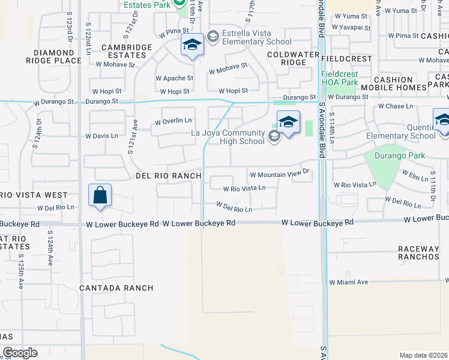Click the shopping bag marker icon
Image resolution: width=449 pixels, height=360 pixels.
pos(100,196)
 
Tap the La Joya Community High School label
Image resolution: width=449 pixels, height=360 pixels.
pos(228,137)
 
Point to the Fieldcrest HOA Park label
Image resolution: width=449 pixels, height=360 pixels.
pos(348,78)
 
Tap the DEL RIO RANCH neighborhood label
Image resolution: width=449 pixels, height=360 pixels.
pos(167,176)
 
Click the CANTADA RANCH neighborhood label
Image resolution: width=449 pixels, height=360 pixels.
pos(116,288)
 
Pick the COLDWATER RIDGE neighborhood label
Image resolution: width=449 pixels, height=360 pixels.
pos(286,58)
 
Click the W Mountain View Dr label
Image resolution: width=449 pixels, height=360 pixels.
pos(281,175)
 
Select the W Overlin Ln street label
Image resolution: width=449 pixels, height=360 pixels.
pos(173,122)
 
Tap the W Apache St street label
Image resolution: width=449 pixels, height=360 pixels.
pos(174,78)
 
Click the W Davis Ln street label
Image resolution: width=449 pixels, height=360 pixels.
pos(102,136)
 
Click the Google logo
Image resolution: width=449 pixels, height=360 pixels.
pos(20,353)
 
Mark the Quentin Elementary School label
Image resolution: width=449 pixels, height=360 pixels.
pos(400,131)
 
